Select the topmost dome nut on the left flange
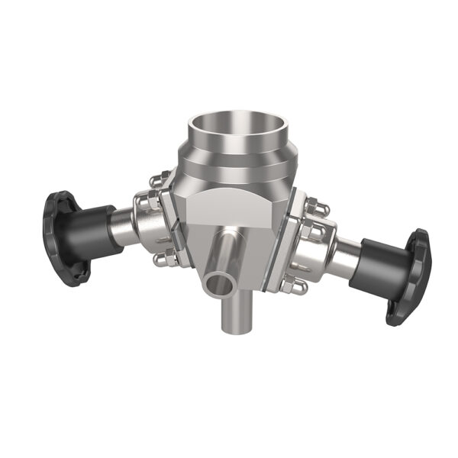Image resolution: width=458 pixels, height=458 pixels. tap(156, 182)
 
